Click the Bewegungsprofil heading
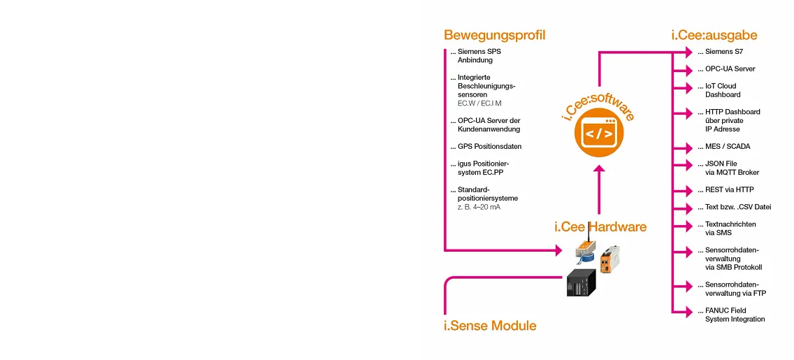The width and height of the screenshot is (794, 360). pyautogui.click(x=494, y=35)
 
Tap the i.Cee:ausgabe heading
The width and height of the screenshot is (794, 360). pyautogui.click(x=714, y=35)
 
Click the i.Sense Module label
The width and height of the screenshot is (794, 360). pyautogui.click(x=490, y=326)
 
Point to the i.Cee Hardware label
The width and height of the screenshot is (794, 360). pyautogui.click(x=600, y=226)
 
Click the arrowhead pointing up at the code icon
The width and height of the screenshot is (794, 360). pyautogui.click(x=598, y=168)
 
